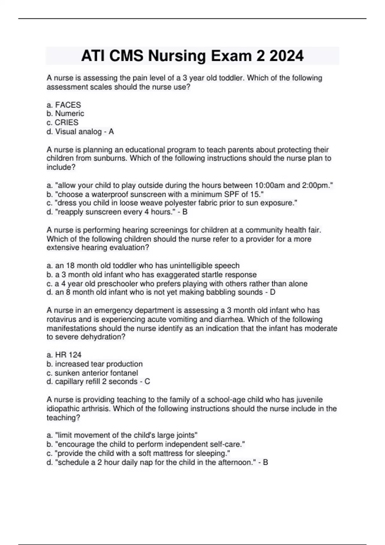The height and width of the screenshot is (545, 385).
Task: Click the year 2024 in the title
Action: coord(286,56)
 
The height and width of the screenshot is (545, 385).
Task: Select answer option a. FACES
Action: coord(64,105)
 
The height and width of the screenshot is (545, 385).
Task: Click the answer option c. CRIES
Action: coord(63,122)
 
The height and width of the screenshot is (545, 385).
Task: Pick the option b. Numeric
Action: coord(65,113)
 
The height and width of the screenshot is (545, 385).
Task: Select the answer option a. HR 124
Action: coord(64,355)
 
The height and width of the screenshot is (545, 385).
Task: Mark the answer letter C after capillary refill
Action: coord(147,382)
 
